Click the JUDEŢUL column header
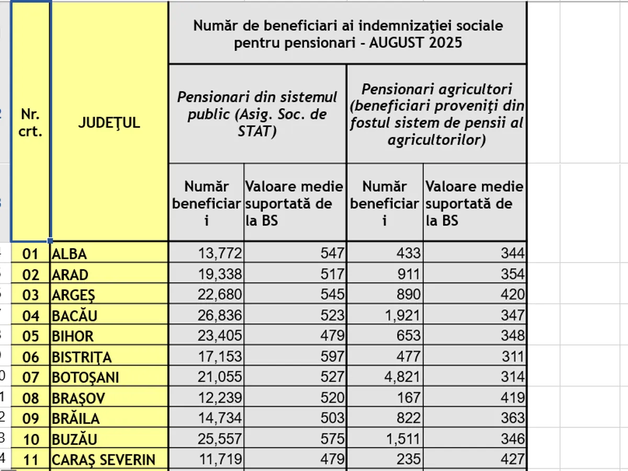tap(109, 122)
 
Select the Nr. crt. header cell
tap(31, 122)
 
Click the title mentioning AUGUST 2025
tap(347, 33)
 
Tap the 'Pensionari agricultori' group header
tap(437, 114)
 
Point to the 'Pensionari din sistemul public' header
tap(257, 114)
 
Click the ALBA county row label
tap(69, 254)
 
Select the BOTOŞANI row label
tap(85, 377)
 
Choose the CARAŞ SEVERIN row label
tap(103, 460)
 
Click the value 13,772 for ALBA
tap(220, 254)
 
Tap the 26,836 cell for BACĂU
tap(220, 316)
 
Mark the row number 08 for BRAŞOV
tap(31, 398)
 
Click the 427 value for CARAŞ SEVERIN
tap(513, 460)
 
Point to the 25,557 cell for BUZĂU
tap(220, 439)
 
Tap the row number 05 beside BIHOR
tap(31, 336)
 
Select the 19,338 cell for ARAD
tap(220, 274)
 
